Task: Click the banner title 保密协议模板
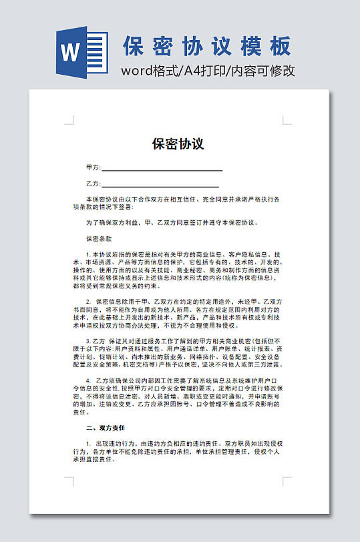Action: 207,45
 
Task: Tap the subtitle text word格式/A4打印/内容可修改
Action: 208,71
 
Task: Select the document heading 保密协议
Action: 178,144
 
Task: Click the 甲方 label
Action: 93,167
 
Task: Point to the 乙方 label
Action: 93,184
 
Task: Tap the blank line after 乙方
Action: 160,186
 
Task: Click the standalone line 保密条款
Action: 99,238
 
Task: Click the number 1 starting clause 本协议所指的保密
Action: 87,254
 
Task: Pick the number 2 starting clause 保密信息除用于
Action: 87,302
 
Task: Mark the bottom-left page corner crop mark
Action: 69,481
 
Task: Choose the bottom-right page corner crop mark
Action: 287,481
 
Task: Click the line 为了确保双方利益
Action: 172,222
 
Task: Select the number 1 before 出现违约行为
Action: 87,443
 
